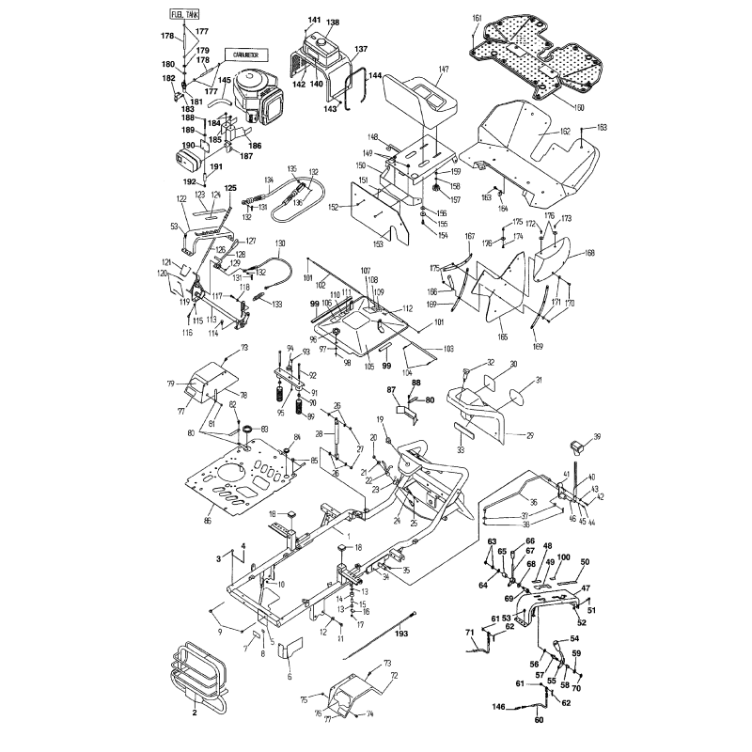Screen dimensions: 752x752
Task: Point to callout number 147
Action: (444, 70)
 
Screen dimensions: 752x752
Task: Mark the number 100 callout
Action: (563, 557)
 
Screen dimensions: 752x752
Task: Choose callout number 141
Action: (314, 21)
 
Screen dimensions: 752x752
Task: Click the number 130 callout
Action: (279, 243)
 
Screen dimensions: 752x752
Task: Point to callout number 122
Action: (181, 198)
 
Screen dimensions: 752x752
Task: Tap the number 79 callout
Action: (173, 383)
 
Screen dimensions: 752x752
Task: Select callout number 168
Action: (590, 253)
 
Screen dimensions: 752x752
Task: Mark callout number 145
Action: (225, 80)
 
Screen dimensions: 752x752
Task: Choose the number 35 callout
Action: (405, 570)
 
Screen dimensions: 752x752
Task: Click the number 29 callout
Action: (528, 434)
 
